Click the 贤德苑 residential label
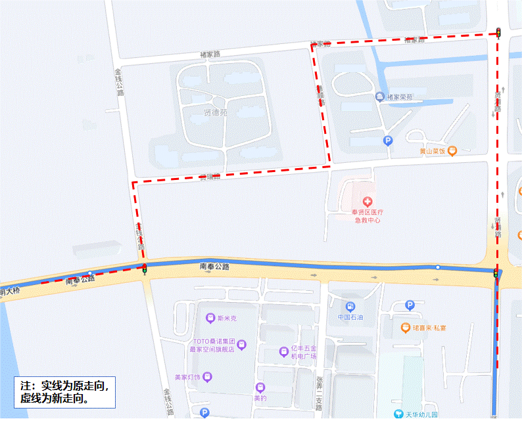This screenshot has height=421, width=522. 214,112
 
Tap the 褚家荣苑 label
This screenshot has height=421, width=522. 399,98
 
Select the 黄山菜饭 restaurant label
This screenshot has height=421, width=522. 437,151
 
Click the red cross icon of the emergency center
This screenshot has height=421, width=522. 367,200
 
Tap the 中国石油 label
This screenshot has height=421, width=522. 350,317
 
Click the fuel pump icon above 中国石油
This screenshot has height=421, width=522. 350,306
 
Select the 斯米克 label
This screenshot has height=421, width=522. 225,319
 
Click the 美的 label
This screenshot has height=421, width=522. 260,397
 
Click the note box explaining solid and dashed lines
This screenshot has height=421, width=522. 64,391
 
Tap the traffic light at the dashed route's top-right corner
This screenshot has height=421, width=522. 498,32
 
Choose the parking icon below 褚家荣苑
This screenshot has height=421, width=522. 388,140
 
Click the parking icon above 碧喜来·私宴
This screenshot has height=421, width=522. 410,305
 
